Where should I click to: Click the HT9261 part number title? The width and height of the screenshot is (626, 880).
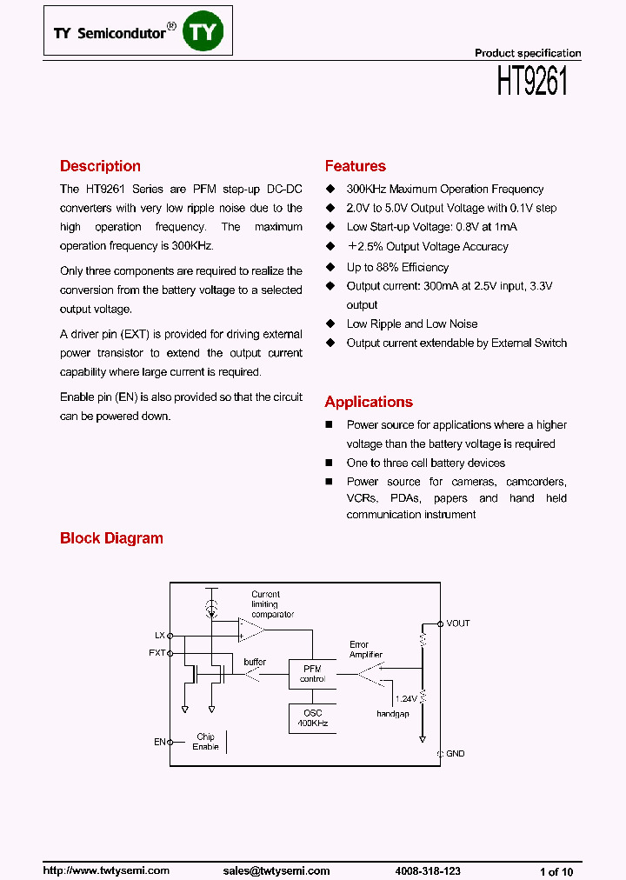pyautogui.click(x=532, y=83)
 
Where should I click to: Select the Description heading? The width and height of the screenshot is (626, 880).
pyautogui.click(x=100, y=166)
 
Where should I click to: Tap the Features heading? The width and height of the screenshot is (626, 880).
pyautogui.click(x=355, y=166)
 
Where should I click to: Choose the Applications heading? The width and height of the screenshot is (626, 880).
pyautogui.click(x=369, y=402)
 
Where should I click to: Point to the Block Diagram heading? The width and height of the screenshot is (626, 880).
pyautogui.click(x=111, y=538)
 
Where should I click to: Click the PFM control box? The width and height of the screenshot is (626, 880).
pyautogui.click(x=312, y=673)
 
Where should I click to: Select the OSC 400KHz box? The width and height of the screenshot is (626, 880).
pyautogui.click(x=312, y=718)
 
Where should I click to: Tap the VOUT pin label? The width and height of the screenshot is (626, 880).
pyautogui.click(x=457, y=623)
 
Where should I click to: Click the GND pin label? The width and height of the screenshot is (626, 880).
pyautogui.click(x=455, y=753)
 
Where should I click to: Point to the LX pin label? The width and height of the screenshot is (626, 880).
pyautogui.click(x=159, y=636)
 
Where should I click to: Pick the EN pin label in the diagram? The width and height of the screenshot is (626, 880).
pyautogui.click(x=159, y=742)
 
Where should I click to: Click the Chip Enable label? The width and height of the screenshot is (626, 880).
pyautogui.click(x=205, y=742)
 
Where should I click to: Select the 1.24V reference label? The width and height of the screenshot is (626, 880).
pyautogui.click(x=406, y=698)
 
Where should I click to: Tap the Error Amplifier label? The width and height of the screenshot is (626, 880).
pyautogui.click(x=365, y=650)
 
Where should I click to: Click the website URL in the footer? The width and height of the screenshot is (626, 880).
pyautogui.click(x=106, y=870)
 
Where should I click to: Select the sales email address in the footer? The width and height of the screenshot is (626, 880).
pyautogui.click(x=276, y=870)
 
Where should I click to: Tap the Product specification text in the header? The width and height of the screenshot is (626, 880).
pyautogui.click(x=528, y=53)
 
